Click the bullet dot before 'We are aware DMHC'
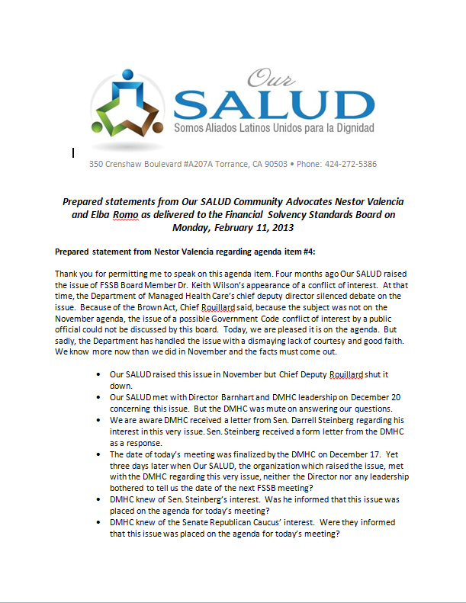pos(101,419)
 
